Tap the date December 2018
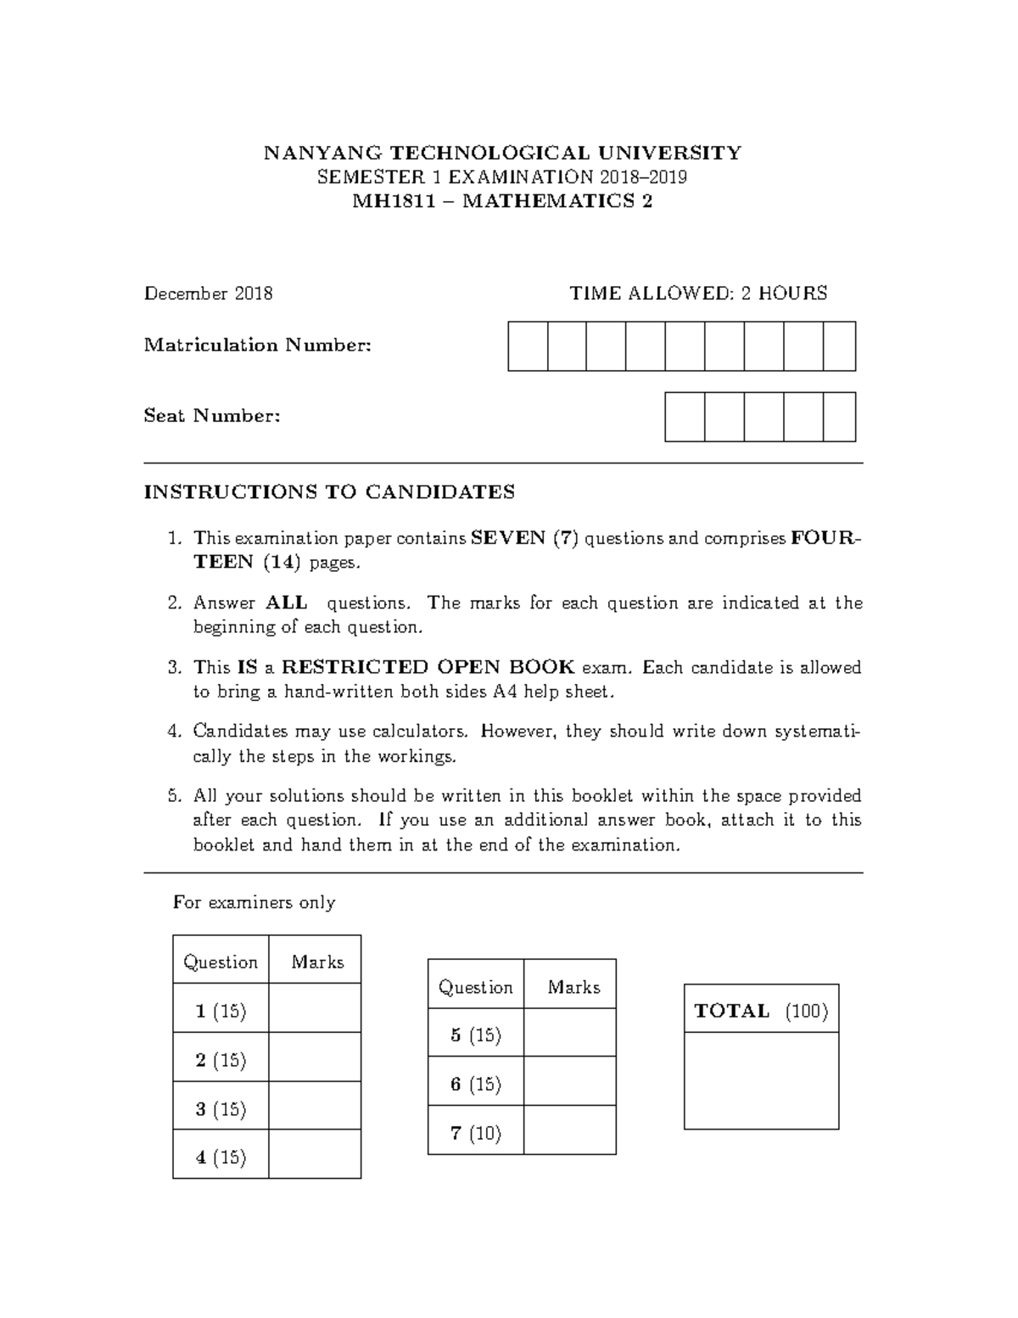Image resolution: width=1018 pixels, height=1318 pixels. point(209,294)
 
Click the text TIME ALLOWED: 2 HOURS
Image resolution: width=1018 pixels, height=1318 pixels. point(698,294)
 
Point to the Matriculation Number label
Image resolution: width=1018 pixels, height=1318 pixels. point(258,345)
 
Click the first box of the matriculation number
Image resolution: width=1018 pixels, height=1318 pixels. point(528,346)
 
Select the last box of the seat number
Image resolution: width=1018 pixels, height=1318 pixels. point(839,417)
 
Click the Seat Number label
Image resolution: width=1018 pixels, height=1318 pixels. point(212,417)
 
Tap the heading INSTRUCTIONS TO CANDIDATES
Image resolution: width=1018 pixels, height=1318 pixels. point(329,492)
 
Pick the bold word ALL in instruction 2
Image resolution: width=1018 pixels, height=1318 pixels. point(287,603)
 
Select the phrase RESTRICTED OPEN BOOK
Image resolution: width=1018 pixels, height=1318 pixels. point(428,668)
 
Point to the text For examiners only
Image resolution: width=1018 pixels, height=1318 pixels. point(254,903)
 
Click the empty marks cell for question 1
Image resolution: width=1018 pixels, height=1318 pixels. point(315,1008)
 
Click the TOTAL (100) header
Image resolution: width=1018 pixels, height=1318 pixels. point(761,1010)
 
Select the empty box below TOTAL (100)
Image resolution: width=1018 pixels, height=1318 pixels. point(761,1081)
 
